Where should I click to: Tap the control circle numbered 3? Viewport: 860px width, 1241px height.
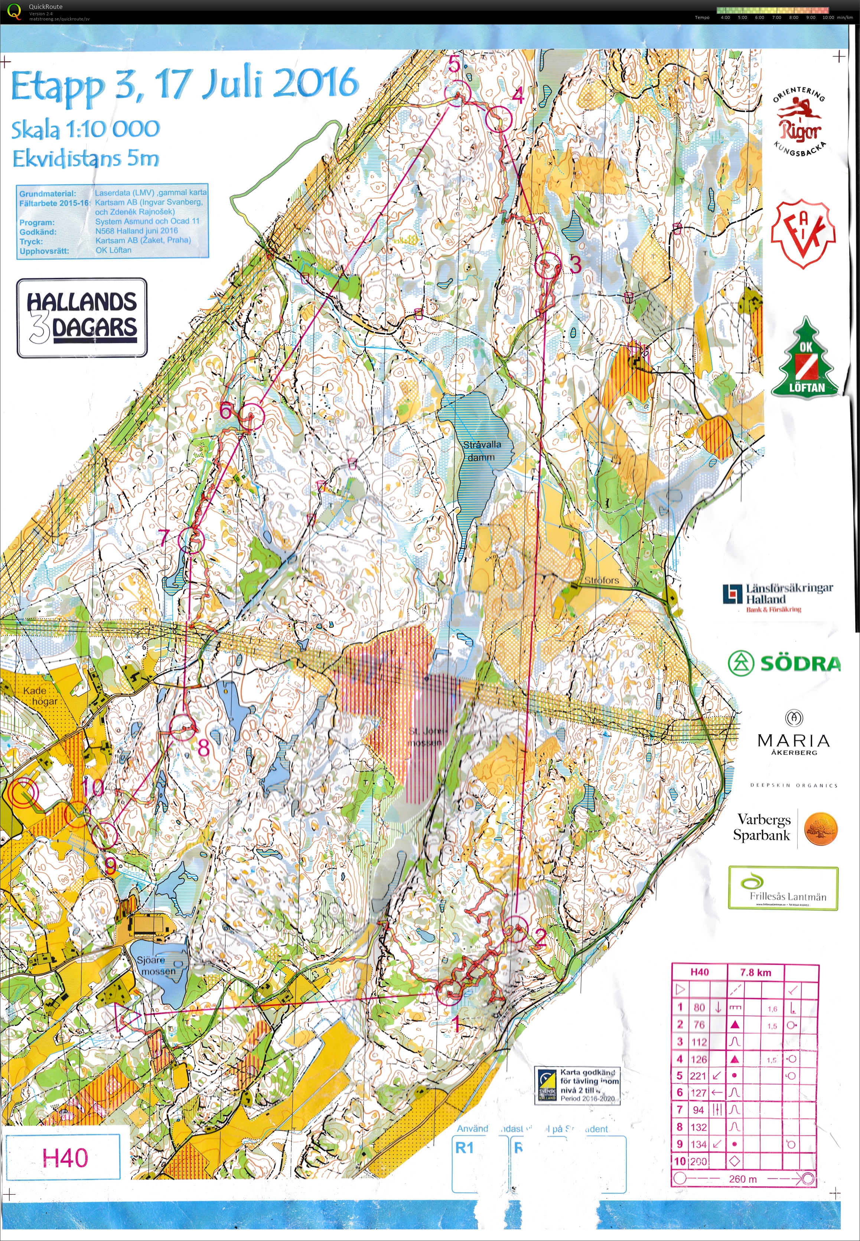(547, 265)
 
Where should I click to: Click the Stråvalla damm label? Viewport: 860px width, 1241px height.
(482, 451)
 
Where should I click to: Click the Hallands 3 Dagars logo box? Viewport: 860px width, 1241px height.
(82, 318)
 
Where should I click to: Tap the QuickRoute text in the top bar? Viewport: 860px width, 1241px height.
(45, 6)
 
